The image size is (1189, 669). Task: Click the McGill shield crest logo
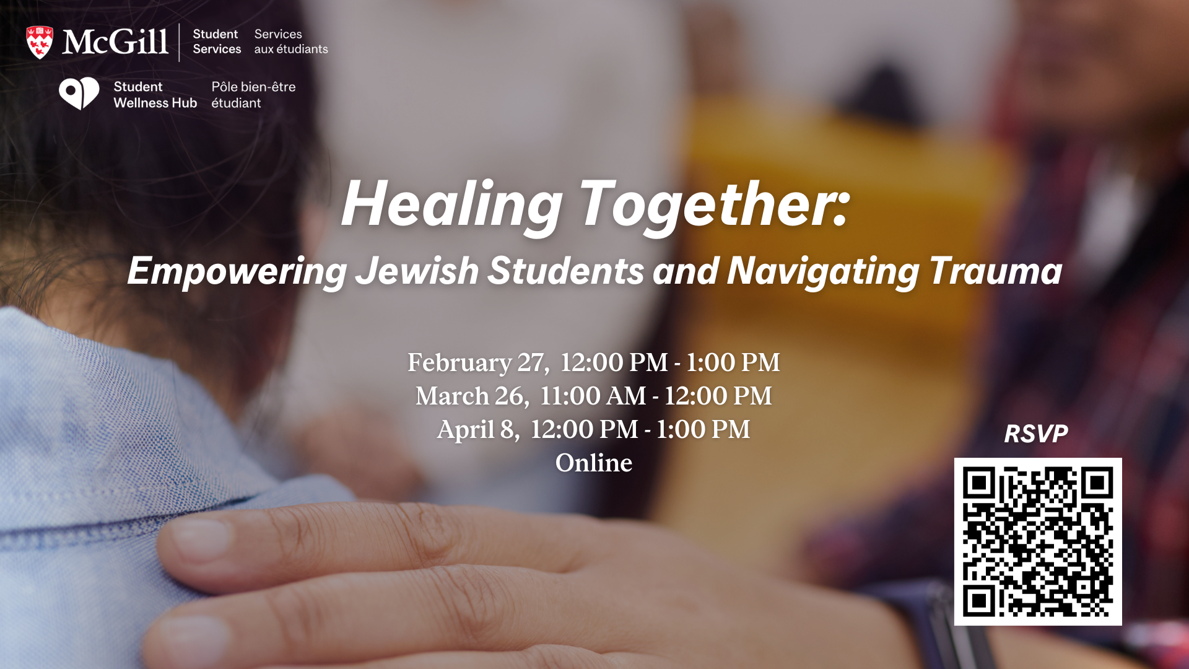click(40, 43)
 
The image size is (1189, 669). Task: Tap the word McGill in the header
click(115, 42)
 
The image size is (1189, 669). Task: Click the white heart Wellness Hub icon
click(79, 94)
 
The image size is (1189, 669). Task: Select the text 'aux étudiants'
click(291, 50)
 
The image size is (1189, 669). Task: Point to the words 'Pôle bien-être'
click(253, 87)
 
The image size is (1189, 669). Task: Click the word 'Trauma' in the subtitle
click(995, 271)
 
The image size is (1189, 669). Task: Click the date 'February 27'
click(478, 363)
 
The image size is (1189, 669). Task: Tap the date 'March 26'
click(473, 396)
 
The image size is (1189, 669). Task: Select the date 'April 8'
click(479, 430)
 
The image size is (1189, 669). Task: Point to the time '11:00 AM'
click(593, 396)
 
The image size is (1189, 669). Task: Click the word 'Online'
click(594, 463)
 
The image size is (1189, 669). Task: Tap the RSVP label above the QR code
click(1036, 434)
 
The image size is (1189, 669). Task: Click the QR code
click(1038, 541)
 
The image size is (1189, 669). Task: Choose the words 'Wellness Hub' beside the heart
click(155, 103)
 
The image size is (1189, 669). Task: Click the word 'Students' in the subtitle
click(566, 271)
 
